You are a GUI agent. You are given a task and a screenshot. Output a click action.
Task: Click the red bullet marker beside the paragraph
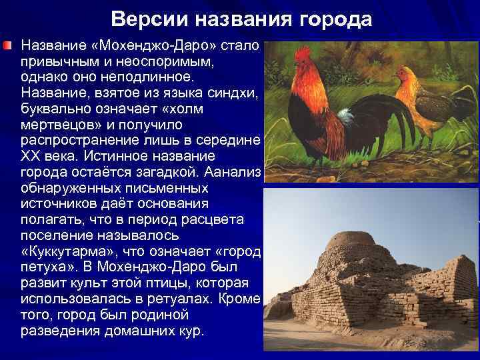[x=7, y=46]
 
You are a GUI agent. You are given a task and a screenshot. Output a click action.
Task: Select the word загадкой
[x=164, y=173]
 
